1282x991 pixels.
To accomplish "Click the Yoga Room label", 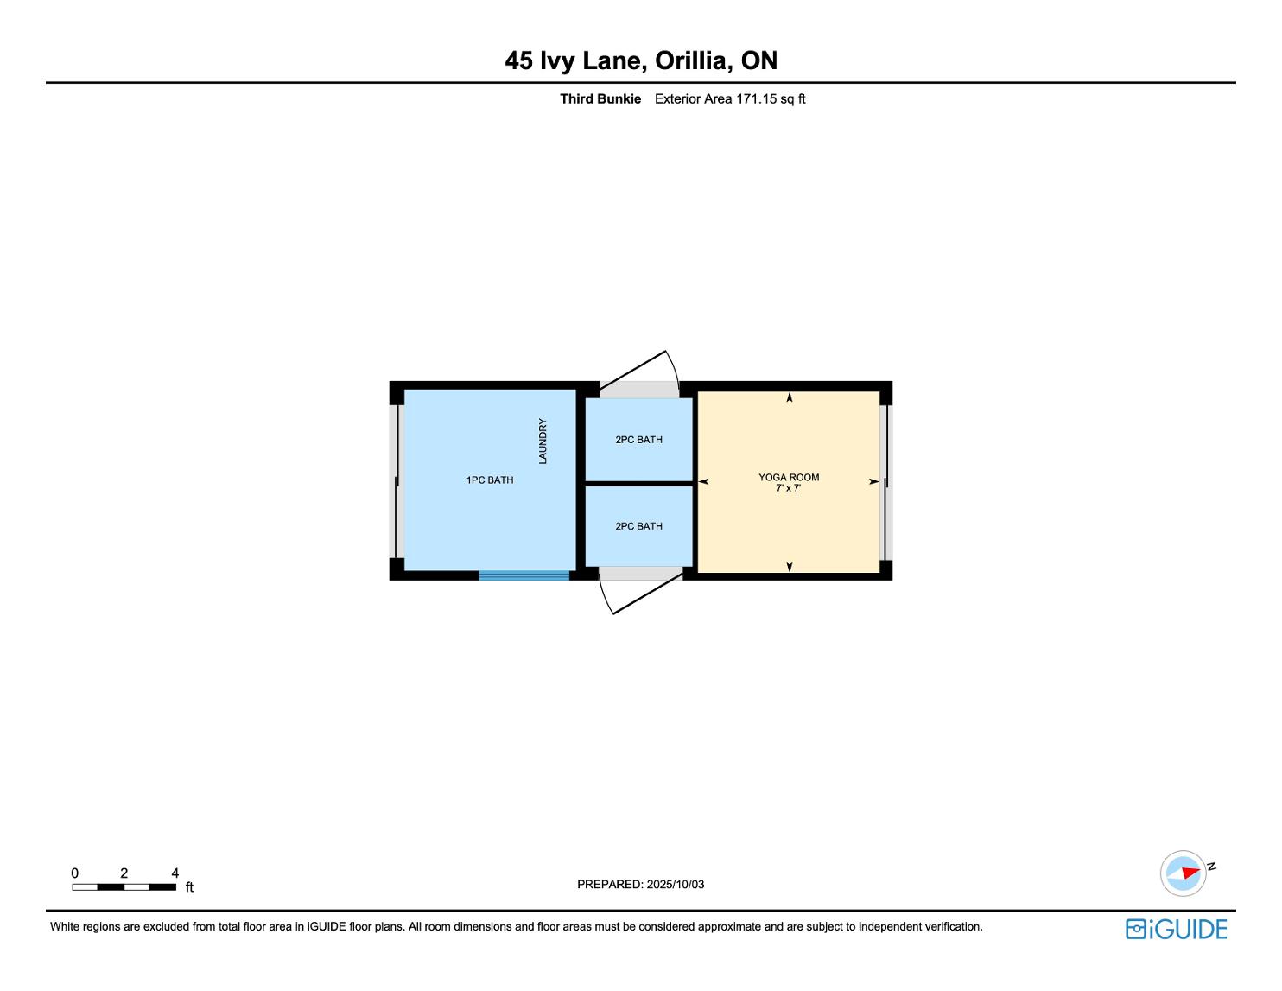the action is (788, 477).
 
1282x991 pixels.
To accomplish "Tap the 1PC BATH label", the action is (490, 480).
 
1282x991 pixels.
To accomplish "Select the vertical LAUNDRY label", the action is (543, 442).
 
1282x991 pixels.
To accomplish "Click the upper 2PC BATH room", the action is (638, 440).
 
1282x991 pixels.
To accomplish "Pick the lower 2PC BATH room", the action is (638, 526).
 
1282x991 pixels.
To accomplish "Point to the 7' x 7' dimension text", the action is (788, 488).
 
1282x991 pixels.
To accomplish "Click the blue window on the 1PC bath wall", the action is (524, 575).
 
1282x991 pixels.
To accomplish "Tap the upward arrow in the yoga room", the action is (790, 397).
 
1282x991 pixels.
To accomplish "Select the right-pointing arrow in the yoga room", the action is (874, 482).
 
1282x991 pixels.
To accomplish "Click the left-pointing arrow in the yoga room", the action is (703, 482).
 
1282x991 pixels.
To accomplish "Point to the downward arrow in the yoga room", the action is (790, 567).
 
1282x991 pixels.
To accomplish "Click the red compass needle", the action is (1190, 873).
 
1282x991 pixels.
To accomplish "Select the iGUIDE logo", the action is (1176, 929).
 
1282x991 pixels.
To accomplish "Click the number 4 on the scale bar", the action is (175, 873).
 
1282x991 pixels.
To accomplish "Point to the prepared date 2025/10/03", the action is (675, 884).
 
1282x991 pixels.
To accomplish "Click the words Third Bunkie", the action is (600, 99).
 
